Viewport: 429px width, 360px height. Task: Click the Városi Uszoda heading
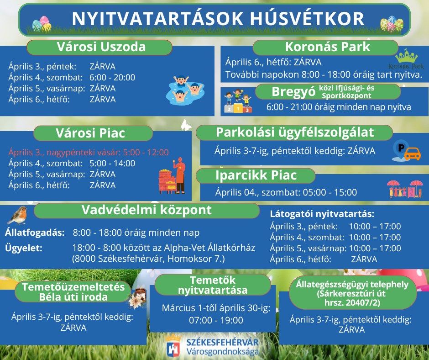99,48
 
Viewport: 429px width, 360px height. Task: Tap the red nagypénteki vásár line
89,152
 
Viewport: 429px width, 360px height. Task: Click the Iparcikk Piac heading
256,175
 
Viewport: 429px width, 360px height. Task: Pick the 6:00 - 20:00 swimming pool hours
112,77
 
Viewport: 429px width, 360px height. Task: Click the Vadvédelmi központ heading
146,210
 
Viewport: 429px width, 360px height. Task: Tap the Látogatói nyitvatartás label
322,214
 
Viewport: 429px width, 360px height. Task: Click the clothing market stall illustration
404,188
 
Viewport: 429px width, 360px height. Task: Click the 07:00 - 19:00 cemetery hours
216,320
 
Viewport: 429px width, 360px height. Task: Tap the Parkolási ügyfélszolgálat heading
294,132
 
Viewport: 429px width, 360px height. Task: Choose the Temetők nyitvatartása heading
213,285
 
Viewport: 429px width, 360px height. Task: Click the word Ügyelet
24,248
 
